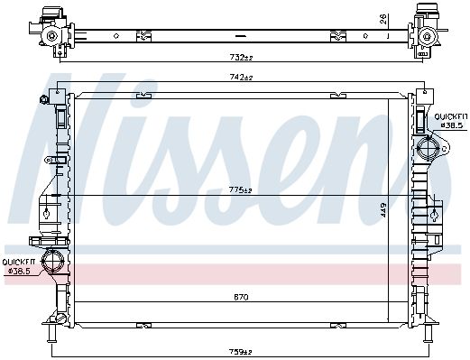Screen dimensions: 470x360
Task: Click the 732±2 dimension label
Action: [x=241, y=57]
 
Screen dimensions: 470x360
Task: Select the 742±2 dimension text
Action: [x=241, y=78]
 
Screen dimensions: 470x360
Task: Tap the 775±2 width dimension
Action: [x=240, y=190]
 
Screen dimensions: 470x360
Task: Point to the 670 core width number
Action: [x=241, y=297]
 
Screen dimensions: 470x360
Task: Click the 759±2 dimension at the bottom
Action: [x=240, y=352]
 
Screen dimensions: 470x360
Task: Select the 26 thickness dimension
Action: [x=383, y=19]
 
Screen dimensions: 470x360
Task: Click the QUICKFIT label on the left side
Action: [x=18, y=262]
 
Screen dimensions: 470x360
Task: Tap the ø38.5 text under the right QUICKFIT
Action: [x=451, y=125]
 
